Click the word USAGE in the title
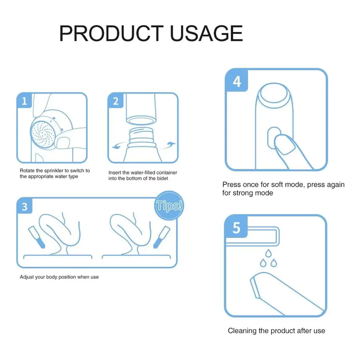[x=206, y=33]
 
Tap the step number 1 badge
[x=24, y=101]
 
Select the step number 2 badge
[x=115, y=101]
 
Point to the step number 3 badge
[x=24, y=206]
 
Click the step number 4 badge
[x=237, y=81]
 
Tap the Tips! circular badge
[x=169, y=206]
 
